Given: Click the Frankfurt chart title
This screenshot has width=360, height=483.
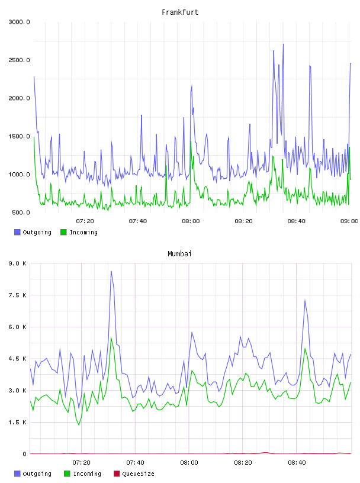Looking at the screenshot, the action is (180, 12).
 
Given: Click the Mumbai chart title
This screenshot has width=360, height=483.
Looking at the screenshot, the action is (179, 254).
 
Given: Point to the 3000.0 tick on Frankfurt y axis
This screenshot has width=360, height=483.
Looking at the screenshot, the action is (19, 22).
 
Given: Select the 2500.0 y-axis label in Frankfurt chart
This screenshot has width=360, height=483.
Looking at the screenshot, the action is (19, 60).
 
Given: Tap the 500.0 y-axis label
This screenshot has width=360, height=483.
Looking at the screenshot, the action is (21, 212).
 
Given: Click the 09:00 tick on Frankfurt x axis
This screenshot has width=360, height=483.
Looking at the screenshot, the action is (349, 221).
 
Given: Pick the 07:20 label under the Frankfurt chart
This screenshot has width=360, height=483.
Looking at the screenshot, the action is (85, 221).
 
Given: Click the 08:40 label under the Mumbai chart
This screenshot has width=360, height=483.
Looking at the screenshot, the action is (297, 463).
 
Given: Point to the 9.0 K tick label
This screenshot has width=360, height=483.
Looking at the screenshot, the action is (17, 263).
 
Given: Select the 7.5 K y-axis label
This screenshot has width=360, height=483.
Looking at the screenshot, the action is (17, 295).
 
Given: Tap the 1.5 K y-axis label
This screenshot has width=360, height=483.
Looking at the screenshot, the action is (17, 422).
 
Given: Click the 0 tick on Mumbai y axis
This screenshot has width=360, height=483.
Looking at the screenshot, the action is (24, 454).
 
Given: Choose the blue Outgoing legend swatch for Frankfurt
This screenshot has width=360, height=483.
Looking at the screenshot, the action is (17, 232).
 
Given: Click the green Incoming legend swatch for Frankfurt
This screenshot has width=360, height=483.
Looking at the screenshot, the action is (63, 232).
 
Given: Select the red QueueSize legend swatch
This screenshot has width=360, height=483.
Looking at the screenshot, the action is (117, 474).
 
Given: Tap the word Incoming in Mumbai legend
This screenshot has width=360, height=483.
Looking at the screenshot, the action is (87, 474).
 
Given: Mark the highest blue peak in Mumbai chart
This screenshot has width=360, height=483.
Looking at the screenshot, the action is (111, 271).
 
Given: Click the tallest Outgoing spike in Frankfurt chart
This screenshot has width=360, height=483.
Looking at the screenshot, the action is (283, 44).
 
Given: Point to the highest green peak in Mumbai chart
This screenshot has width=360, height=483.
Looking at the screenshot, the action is (111, 337).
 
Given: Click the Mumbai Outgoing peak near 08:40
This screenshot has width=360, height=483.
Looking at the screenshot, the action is (305, 300).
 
